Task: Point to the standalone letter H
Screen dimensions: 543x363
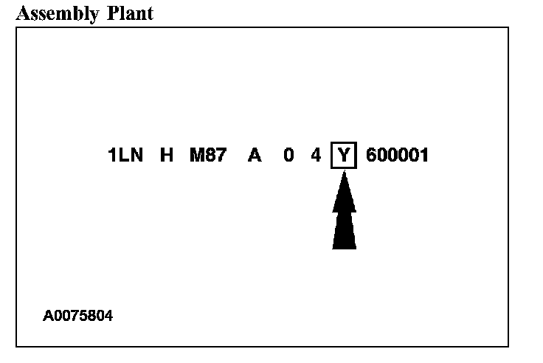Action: coord(166,156)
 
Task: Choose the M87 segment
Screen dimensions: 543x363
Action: coord(207,156)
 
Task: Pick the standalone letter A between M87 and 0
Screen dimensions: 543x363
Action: coord(255,156)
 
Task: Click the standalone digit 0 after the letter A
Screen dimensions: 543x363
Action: coord(288,156)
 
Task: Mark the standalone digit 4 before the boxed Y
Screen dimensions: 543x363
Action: coord(316,156)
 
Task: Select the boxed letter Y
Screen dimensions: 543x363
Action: coord(344,156)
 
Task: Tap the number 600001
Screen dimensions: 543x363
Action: coord(397,156)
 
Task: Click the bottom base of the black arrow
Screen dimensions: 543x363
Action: coord(344,246)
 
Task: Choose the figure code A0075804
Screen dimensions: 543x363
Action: coord(78,316)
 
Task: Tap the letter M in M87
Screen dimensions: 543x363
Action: coord(197,156)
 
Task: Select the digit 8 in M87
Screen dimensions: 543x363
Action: coord(210,156)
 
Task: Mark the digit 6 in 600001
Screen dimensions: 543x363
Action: coord(371,156)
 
